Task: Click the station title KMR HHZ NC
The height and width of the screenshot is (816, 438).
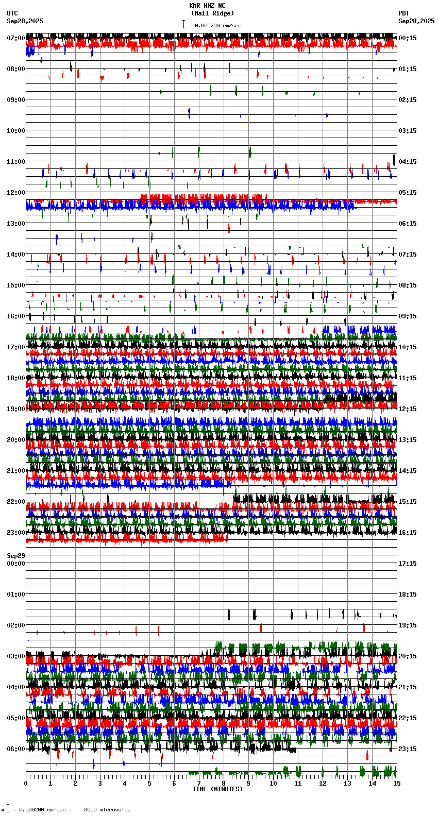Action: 207,6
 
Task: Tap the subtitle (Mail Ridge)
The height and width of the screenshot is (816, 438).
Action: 212,13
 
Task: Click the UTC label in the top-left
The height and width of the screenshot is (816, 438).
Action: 12,13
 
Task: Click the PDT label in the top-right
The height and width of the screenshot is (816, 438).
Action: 403,13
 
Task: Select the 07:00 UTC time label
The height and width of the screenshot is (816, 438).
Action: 16,38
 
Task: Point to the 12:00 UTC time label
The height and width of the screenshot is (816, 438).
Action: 16,193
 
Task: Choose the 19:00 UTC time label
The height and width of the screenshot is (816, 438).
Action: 16,409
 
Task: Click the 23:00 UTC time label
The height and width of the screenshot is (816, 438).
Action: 16,533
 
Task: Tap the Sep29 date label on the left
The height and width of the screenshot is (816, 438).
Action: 16,556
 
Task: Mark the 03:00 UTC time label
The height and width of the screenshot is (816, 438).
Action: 16,656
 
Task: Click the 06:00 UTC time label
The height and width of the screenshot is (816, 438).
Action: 16,749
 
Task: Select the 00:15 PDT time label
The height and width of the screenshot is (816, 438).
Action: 407,38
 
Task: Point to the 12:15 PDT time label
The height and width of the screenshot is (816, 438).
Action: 407,409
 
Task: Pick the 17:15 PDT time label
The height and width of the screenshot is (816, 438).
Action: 407,564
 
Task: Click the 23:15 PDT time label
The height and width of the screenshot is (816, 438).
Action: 407,749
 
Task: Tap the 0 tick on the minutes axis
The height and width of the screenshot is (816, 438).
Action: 26,784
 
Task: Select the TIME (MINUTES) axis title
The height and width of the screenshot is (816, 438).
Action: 217,789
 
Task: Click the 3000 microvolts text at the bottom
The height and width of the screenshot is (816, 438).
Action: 107,810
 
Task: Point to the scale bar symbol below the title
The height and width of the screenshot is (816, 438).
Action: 183,24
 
